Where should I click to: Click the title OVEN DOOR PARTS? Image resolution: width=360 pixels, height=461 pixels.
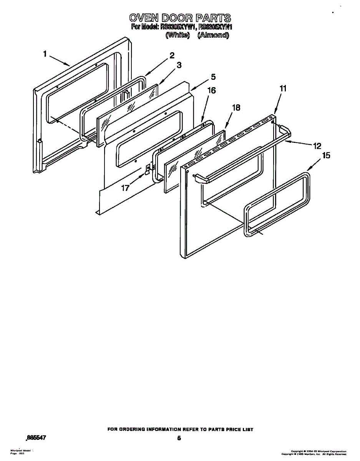(x=180, y=18)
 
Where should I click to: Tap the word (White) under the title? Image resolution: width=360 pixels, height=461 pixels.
(x=178, y=35)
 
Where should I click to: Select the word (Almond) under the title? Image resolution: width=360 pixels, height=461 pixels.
(x=213, y=35)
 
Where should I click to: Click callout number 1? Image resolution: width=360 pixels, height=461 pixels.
(x=45, y=54)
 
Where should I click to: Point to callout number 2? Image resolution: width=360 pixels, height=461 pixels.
(x=172, y=55)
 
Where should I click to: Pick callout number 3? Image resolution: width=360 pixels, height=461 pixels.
(x=179, y=65)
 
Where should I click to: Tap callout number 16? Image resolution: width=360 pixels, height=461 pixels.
(x=211, y=91)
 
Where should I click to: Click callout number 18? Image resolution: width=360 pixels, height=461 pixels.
(x=236, y=108)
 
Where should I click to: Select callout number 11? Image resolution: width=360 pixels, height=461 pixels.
(x=283, y=88)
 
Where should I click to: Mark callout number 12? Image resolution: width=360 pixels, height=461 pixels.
(x=317, y=146)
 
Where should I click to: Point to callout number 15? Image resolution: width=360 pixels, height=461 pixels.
(x=326, y=156)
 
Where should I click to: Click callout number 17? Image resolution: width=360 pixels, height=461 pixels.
(x=126, y=188)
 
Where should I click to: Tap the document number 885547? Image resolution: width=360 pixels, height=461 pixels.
(x=35, y=437)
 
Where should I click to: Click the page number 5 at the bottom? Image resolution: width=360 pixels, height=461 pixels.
(x=179, y=438)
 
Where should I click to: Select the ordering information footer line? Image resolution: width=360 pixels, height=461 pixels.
(x=180, y=429)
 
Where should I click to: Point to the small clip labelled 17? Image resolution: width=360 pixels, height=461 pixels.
(x=147, y=169)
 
